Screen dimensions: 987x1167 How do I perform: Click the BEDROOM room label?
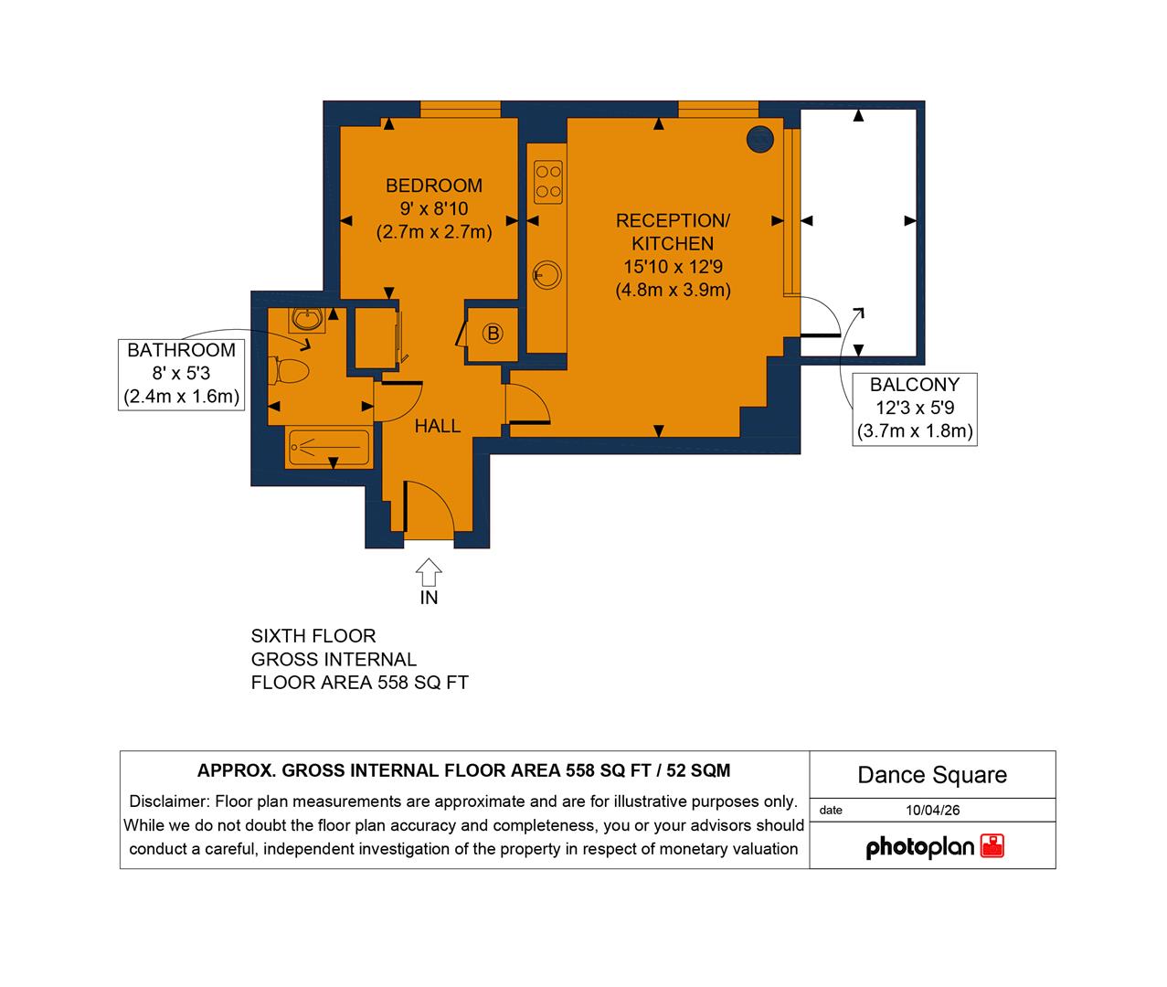pyautogui.click(x=433, y=186)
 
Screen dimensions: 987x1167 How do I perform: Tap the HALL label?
pyautogui.click(x=438, y=426)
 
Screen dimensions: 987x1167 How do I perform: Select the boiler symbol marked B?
pyautogui.click(x=493, y=334)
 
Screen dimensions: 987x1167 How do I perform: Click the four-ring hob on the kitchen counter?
pyautogui.click(x=548, y=181)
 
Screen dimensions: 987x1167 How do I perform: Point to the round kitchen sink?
pyautogui.click(x=547, y=274)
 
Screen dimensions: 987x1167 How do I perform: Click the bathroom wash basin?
pyautogui.click(x=307, y=319)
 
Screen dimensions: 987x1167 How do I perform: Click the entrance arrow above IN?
pyautogui.click(x=429, y=572)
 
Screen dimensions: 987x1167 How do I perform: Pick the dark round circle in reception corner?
pyautogui.click(x=760, y=139)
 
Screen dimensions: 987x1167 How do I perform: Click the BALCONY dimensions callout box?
pyautogui.click(x=914, y=409)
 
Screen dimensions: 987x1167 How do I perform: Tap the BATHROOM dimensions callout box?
pyautogui.click(x=181, y=374)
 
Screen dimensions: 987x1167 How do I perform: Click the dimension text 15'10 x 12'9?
pyautogui.click(x=673, y=267)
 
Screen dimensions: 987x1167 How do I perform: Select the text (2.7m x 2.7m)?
pyautogui.click(x=434, y=232)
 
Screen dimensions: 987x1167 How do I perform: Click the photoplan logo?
pyautogui.click(x=934, y=847)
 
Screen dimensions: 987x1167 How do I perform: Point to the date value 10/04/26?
pyautogui.click(x=932, y=810)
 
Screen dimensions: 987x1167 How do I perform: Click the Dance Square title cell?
pyautogui.click(x=932, y=775)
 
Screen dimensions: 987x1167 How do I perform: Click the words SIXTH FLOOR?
pyautogui.click(x=313, y=636)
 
